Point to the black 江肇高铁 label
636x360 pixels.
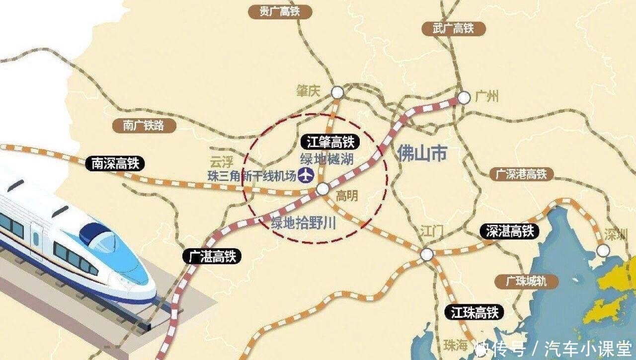pyautogui.click(x=330, y=143)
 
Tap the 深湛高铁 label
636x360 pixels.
pyautogui.click(x=510, y=231)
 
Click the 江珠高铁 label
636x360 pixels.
pyautogui.click(x=475, y=312)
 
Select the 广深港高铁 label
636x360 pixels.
pyautogui.click(x=521, y=174)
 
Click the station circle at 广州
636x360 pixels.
pyautogui.click(x=464, y=98)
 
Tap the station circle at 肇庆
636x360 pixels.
pyautogui.click(x=337, y=92)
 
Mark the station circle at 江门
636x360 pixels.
pyautogui.click(x=426, y=254)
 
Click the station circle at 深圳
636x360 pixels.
pyautogui.click(x=602, y=250)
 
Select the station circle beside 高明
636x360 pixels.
pyautogui.click(x=322, y=189)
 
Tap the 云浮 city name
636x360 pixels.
pyautogui.click(x=221, y=162)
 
